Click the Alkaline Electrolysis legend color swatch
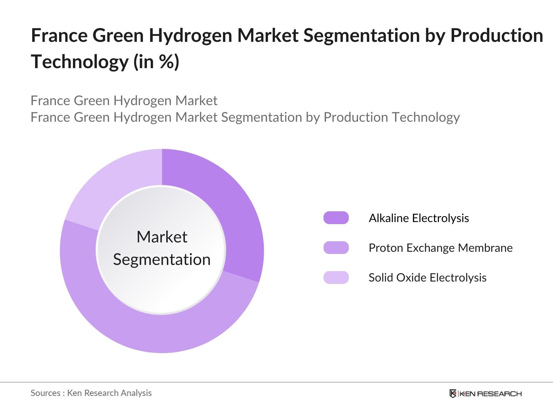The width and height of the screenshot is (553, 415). pos(336,218)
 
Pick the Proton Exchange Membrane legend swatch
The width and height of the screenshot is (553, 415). pos(336,248)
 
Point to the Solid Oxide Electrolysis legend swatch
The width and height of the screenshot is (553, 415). pos(336,277)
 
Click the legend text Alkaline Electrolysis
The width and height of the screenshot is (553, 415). pos(419,218)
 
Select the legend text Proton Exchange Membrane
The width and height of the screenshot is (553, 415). pos(440,248)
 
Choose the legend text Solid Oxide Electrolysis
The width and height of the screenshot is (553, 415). pos(427,277)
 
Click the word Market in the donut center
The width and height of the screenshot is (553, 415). pos(162,237)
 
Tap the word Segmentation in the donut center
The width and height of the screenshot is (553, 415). pos(162,259)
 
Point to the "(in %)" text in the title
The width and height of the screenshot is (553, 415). pos(156,62)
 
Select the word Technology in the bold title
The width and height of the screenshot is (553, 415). pos(79,62)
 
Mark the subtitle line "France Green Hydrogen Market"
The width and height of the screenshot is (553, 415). pos(124,101)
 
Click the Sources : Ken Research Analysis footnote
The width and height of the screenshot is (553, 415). pos(91,393)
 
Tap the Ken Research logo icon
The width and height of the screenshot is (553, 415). pos(453,394)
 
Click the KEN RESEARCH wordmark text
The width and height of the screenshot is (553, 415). pos(490,394)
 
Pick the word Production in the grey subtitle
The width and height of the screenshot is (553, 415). pos(356,117)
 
